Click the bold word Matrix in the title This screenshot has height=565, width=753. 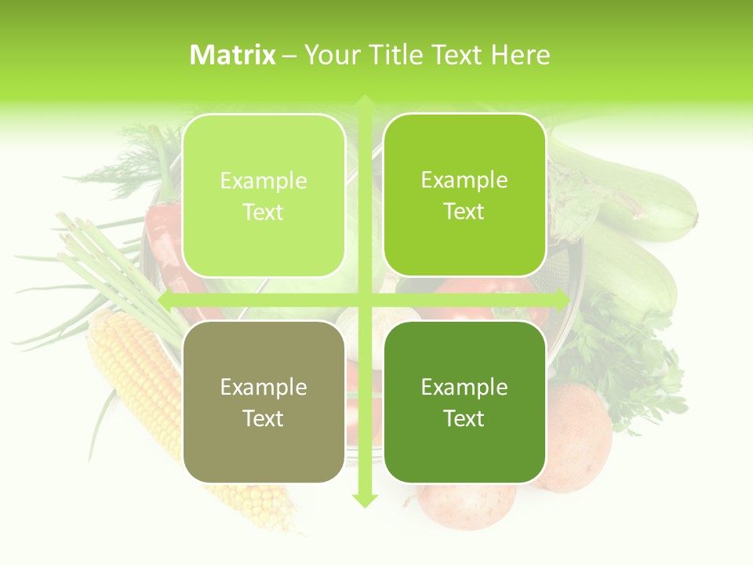232,55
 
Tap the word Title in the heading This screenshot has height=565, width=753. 396,55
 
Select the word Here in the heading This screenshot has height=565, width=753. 520,55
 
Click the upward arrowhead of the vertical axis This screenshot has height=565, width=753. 365,102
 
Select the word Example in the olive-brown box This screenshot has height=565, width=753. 264,388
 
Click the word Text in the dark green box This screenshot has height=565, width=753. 464,418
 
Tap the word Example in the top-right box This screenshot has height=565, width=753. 464,180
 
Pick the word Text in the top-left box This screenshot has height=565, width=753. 264,212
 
